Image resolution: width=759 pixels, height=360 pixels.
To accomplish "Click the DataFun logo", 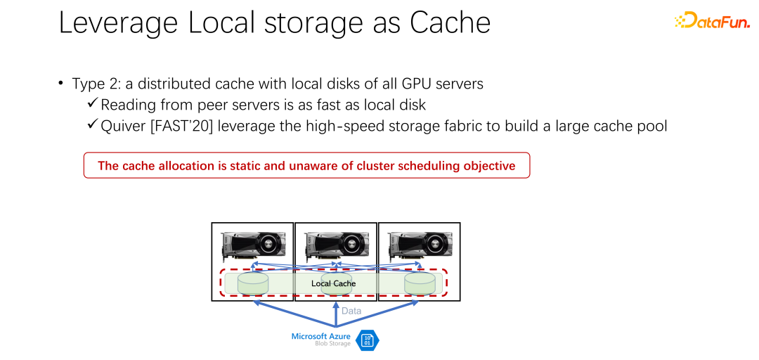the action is pyautogui.click(x=711, y=21).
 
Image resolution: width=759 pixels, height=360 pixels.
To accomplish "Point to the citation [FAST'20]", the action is pyautogui.click(x=183, y=126).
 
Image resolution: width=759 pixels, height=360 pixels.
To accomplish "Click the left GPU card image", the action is pyautogui.click(x=253, y=246).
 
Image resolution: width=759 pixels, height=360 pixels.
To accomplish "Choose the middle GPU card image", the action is pyautogui.click(x=336, y=246).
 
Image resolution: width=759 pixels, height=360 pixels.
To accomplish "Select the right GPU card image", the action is pyautogui.click(x=419, y=246).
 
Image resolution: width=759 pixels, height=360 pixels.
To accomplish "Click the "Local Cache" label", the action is pyautogui.click(x=334, y=283).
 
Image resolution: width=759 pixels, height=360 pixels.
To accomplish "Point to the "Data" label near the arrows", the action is pyautogui.click(x=351, y=311).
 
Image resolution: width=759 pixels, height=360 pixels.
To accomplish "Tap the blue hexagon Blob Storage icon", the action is pyautogui.click(x=368, y=340).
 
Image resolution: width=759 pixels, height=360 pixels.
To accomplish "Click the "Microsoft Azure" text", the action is pyautogui.click(x=321, y=336).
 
